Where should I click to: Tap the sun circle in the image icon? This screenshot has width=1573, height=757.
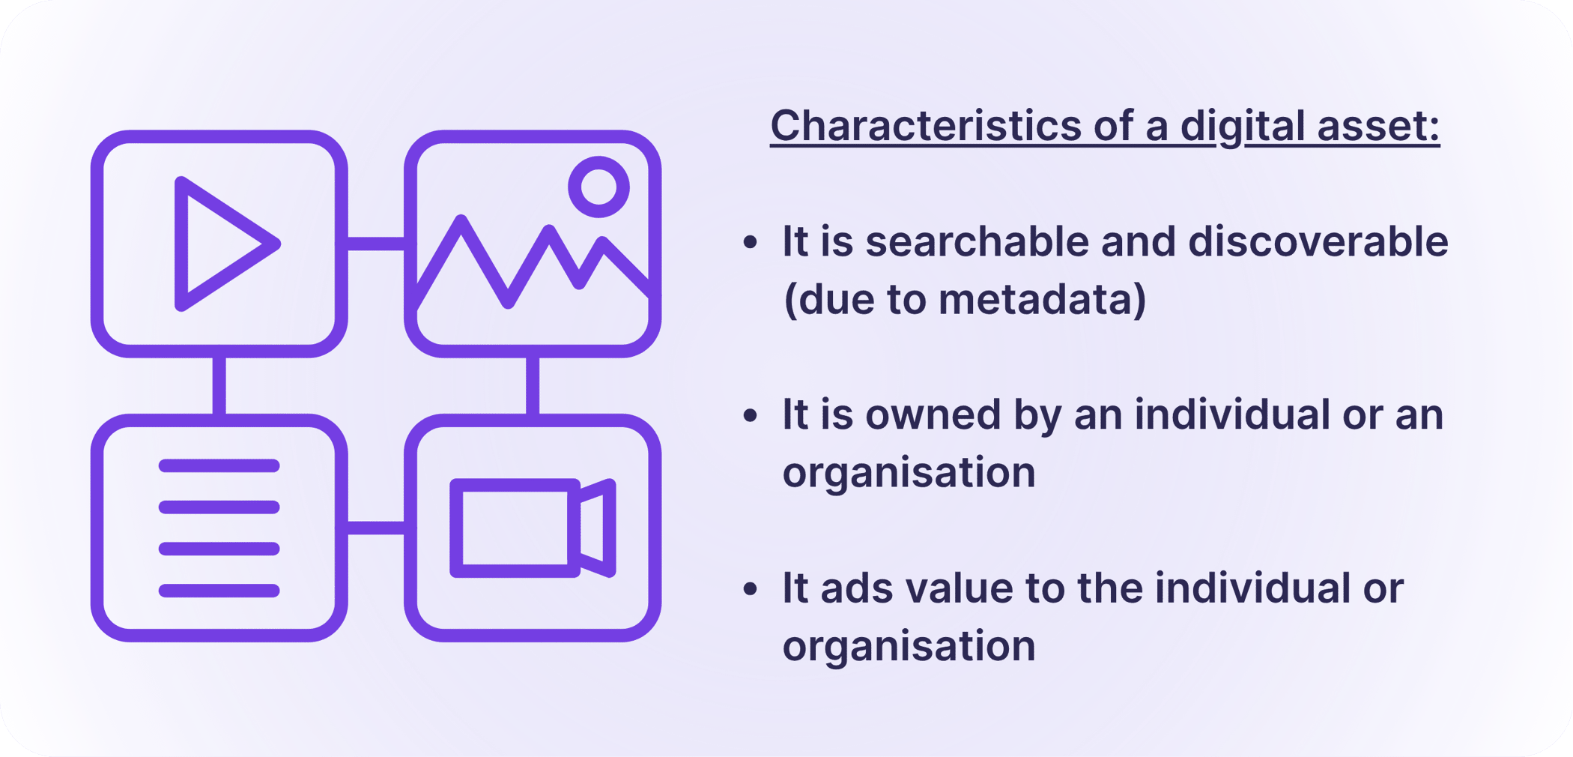598,187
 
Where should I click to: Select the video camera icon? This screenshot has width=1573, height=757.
533,528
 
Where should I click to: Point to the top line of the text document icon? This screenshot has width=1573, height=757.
219,465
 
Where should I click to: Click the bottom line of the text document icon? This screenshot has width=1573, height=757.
219,591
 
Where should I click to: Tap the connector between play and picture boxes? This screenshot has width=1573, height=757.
375,244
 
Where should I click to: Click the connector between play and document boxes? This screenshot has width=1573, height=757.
219,385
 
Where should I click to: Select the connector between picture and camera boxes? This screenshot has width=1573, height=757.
533,385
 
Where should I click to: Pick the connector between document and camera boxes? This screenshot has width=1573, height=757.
375,528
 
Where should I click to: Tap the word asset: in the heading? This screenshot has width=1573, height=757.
1378,125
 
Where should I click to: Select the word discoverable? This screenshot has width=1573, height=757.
1318,241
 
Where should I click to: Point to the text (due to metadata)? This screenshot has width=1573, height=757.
964,299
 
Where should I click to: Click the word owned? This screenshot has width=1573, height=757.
933,414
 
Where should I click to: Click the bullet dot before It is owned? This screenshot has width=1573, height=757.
750,415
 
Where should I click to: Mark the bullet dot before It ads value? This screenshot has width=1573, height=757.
750,588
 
